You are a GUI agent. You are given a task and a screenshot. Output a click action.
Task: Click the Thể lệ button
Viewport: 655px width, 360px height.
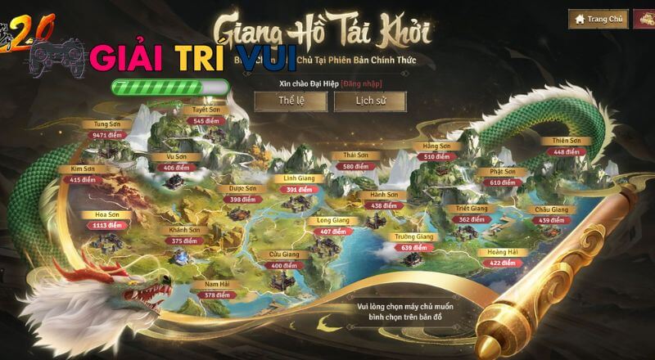click(x=291, y=101)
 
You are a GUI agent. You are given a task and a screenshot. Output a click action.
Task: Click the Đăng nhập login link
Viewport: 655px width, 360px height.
click(x=362, y=83)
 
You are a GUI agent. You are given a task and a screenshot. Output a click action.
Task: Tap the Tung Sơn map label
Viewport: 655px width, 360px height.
click(x=109, y=124)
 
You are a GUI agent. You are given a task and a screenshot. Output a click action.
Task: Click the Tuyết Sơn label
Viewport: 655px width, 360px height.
click(x=206, y=110)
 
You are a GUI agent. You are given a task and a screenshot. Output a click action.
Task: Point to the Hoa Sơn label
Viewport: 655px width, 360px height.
click(x=107, y=214)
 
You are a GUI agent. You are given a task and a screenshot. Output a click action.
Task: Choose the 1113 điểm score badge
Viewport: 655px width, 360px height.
click(x=107, y=225)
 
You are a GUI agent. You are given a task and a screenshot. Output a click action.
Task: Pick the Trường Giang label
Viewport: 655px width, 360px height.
click(x=413, y=236)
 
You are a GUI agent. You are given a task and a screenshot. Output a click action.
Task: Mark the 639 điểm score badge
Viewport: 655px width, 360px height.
click(x=413, y=247)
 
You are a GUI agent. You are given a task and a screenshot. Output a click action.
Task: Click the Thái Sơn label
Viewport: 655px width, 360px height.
click(x=355, y=155)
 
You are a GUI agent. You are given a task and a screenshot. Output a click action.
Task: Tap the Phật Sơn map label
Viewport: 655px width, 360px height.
click(x=503, y=172)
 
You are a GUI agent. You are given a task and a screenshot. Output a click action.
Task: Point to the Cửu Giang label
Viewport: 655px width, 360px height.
click(x=284, y=254)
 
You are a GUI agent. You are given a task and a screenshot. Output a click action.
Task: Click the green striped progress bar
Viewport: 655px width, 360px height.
click(x=170, y=86)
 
